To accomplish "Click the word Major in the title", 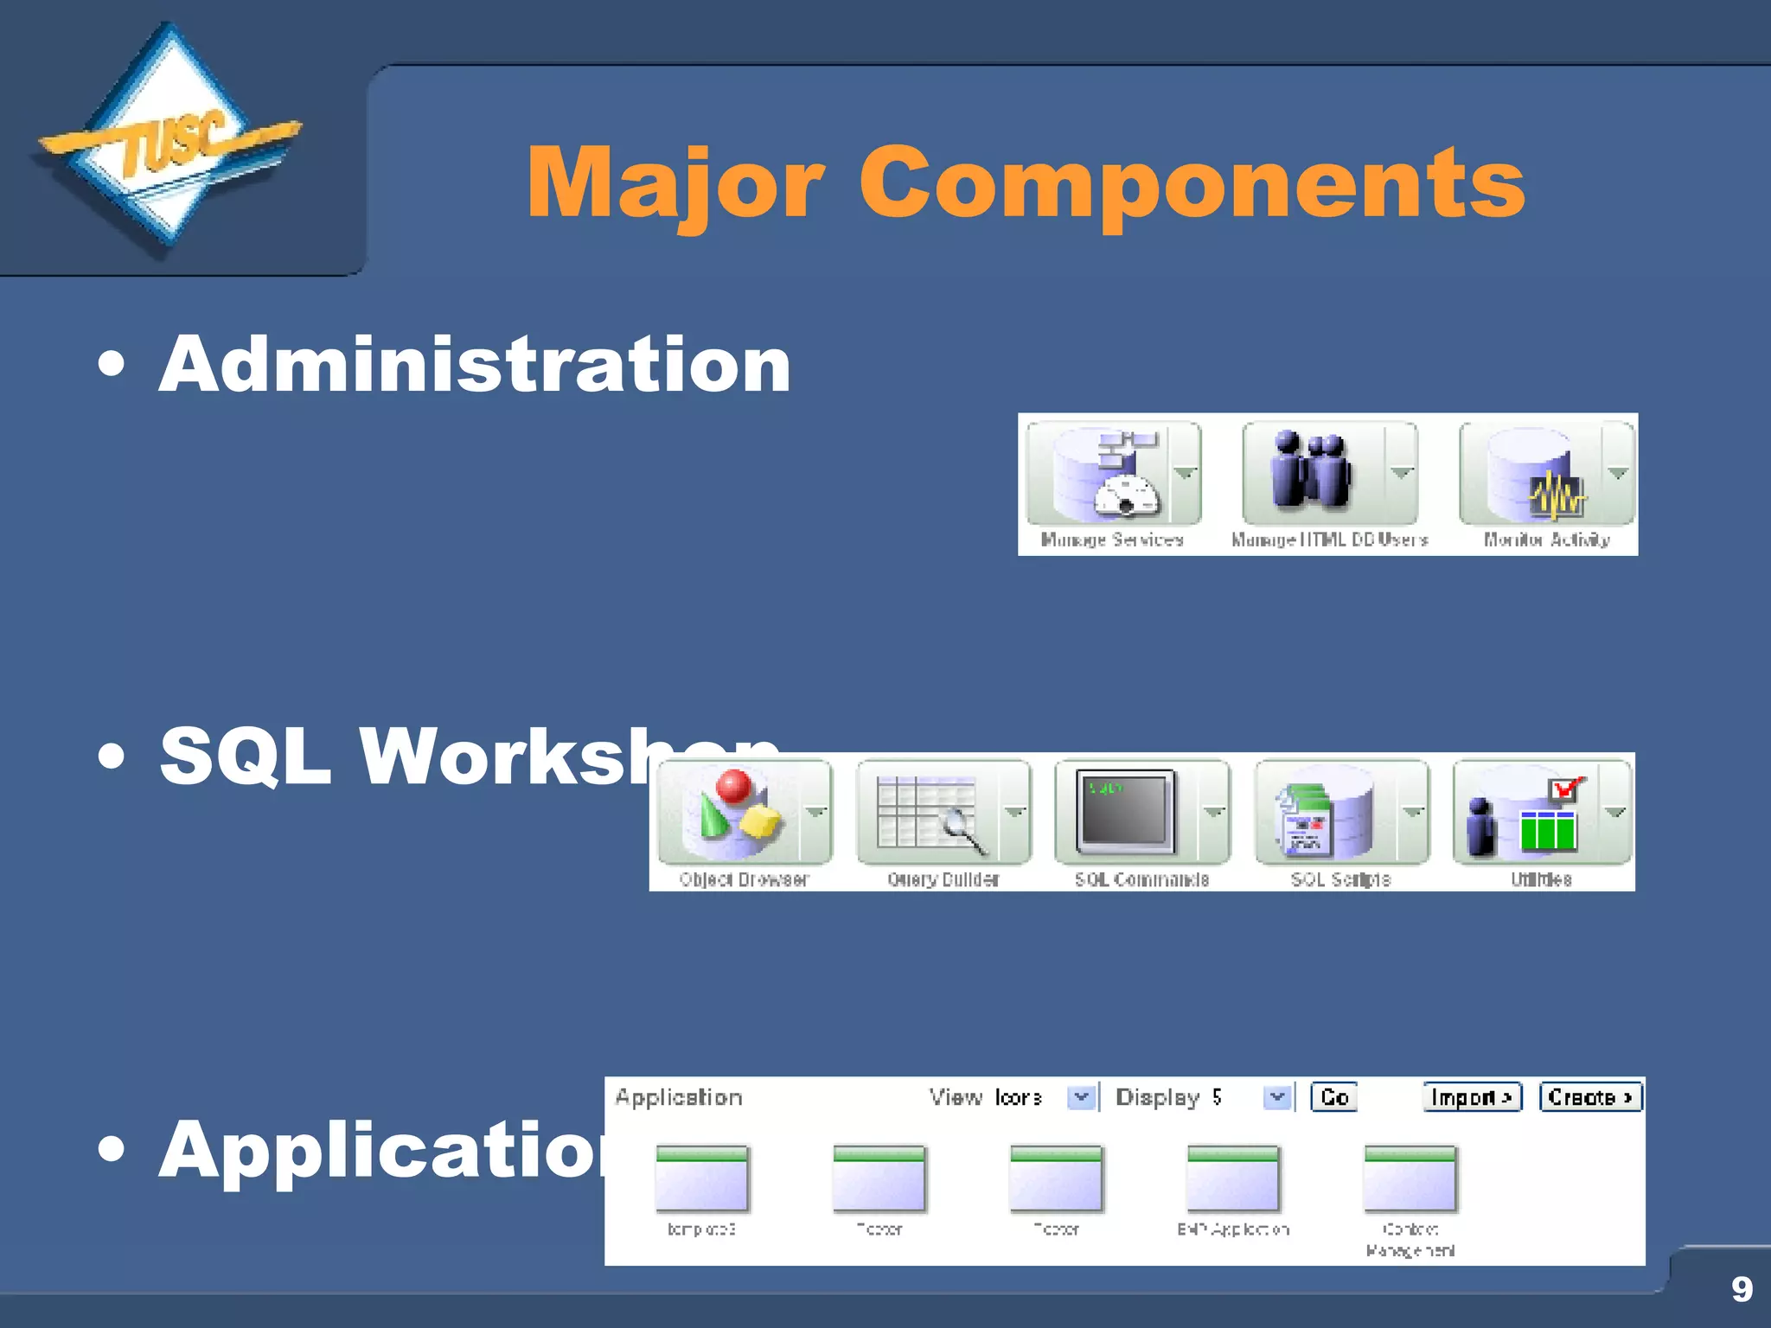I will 675,183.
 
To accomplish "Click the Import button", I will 1472,1097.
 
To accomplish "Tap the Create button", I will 1589,1097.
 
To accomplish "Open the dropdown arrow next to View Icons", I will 1081,1097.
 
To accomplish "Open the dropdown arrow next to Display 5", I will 1277,1097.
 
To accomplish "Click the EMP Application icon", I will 1233,1179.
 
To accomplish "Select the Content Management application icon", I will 1410,1179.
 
